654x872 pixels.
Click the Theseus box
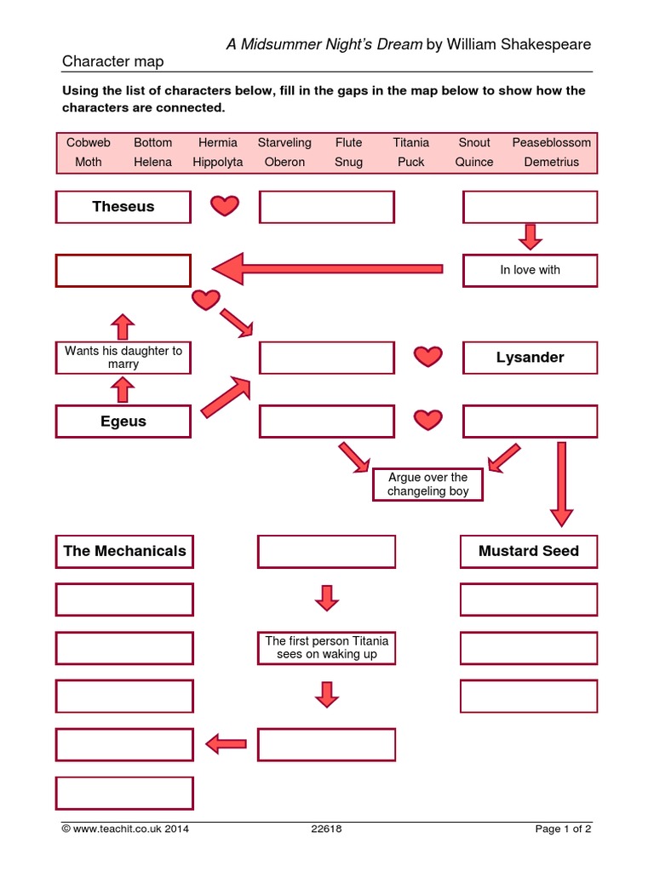[123, 207]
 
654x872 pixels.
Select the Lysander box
[530, 358]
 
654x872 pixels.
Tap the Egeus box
[123, 422]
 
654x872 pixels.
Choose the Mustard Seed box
[529, 551]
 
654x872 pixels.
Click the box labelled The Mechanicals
[124, 551]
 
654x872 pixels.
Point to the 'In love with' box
[530, 270]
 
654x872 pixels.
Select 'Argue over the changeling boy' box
[427, 485]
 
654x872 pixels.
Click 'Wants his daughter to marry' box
[123, 358]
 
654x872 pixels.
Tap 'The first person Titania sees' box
[326, 648]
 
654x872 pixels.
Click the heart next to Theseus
[225, 206]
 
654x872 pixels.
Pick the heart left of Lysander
[428, 357]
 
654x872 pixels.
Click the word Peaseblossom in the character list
[551, 142]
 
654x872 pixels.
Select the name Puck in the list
[410, 162]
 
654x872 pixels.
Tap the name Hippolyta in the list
[217, 162]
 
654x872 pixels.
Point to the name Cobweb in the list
[88, 142]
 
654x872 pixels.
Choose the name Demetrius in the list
[551, 162]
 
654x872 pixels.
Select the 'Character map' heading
[112, 61]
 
